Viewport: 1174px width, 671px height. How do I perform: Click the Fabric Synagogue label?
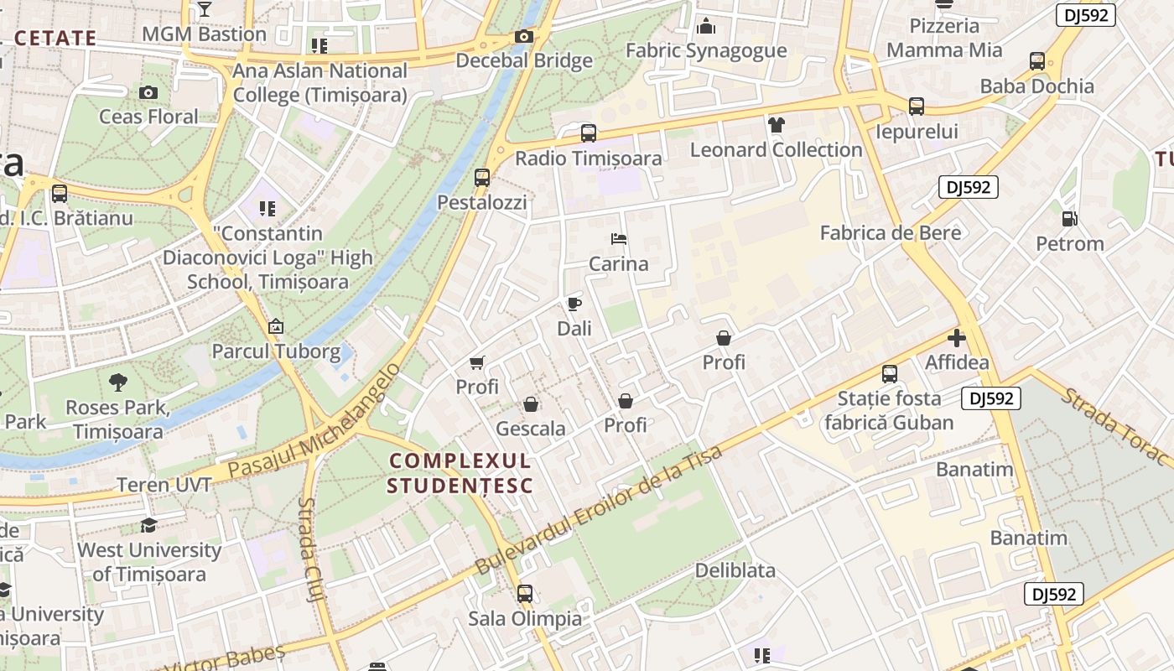click(706, 50)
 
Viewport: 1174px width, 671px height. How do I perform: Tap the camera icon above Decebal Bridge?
click(524, 37)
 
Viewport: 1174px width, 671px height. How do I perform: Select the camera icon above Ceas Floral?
click(148, 92)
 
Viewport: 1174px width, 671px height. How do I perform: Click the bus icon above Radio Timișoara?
click(589, 133)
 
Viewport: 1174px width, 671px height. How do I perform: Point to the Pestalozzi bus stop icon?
click(482, 178)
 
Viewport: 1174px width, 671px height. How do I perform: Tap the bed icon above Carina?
click(619, 240)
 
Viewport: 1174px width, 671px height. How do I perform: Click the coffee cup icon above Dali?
click(574, 304)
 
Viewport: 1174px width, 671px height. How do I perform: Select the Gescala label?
click(531, 429)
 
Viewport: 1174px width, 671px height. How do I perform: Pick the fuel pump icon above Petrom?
click(1070, 220)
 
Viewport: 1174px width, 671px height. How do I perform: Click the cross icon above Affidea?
click(957, 339)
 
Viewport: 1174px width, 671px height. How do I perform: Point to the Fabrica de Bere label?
click(891, 232)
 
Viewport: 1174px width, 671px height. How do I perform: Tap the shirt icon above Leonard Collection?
click(777, 126)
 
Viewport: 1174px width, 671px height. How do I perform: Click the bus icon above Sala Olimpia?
click(525, 594)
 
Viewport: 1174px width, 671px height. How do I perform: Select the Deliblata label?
click(735, 570)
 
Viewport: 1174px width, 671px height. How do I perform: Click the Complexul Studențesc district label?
click(460, 473)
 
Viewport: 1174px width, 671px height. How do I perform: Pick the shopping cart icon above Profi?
click(477, 363)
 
